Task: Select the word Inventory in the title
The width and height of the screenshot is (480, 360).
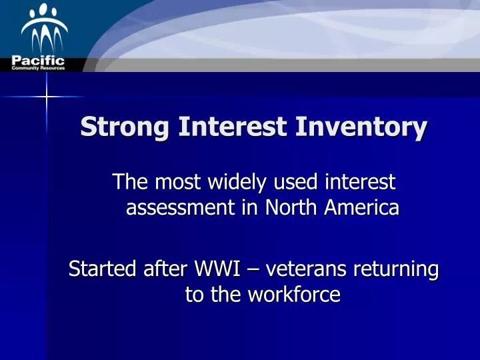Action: tap(365, 127)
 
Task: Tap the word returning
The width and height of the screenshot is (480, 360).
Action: tap(401, 270)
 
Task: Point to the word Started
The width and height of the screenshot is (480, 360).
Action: tap(104, 270)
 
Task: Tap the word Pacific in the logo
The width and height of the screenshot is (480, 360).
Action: tap(38, 61)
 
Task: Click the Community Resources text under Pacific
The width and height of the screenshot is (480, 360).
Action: tap(38, 69)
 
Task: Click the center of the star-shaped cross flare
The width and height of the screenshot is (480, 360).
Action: tap(47, 97)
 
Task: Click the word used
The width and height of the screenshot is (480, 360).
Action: tap(284, 181)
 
